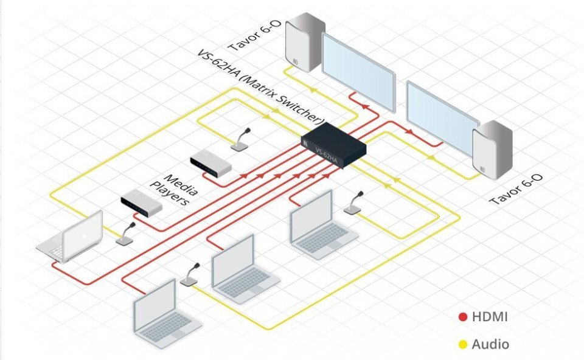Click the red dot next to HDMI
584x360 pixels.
coord(462,317)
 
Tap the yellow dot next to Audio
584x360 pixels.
coord(462,345)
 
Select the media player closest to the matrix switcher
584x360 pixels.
coord(210,163)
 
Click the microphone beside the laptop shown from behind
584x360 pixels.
coord(126,235)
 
